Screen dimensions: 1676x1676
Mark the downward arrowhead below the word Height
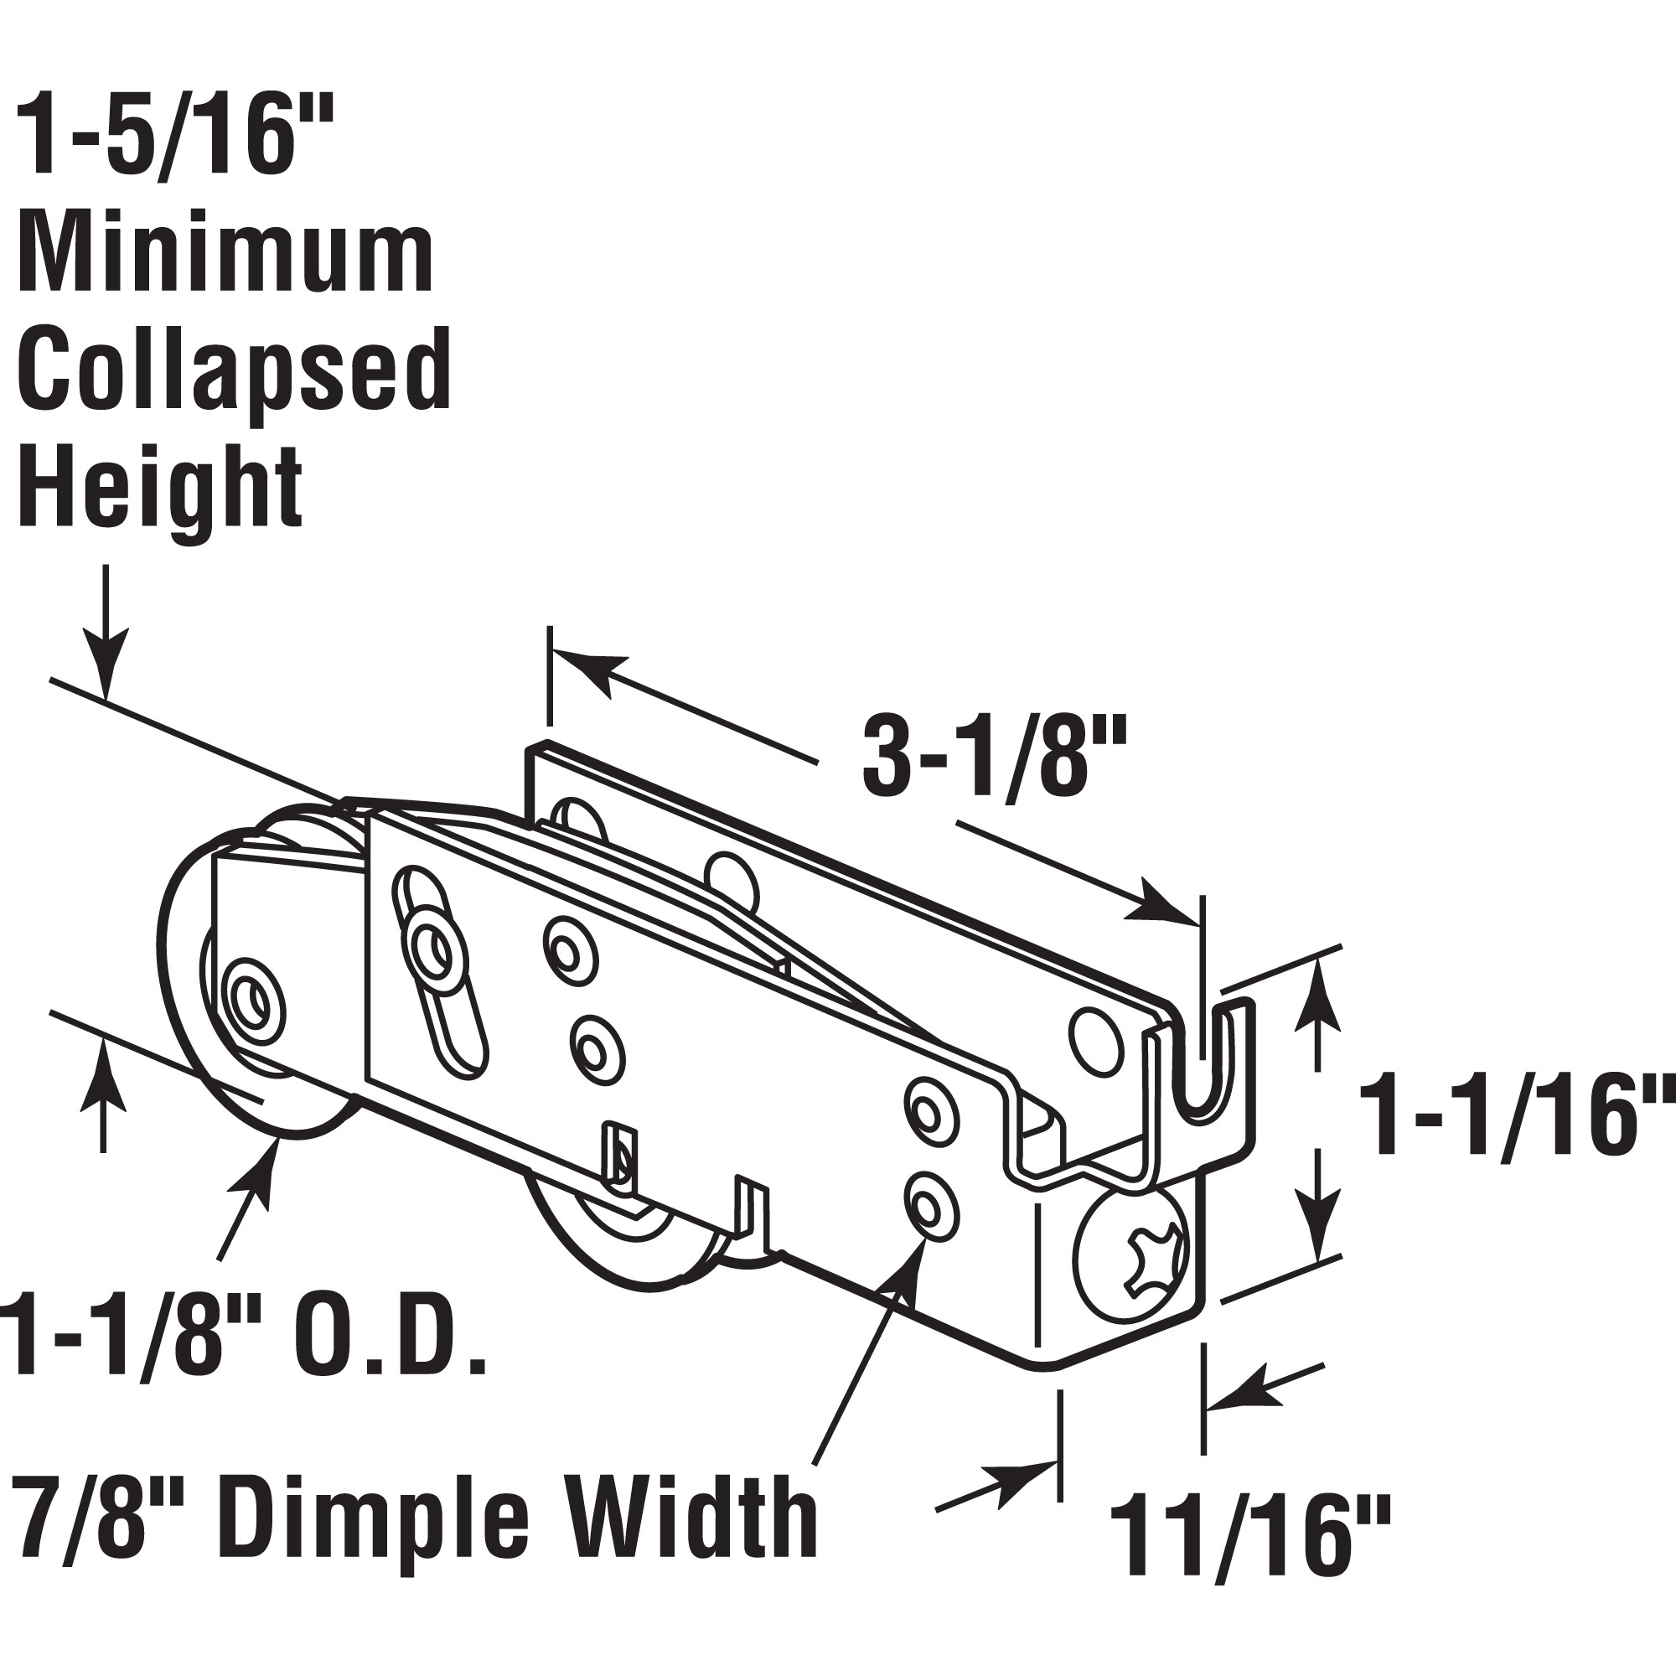click(x=106, y=672)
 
